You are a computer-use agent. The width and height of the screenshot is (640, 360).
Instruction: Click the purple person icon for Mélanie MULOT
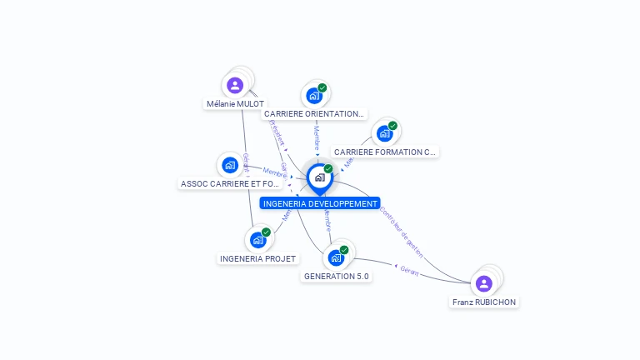pyautogui.click(x=235, y=84)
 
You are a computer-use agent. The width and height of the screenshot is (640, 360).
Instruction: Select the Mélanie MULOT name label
pyautogui.click(x=235, y=104)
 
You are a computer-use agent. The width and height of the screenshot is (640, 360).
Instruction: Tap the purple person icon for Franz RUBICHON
pyautogui.click(x=483, y=283)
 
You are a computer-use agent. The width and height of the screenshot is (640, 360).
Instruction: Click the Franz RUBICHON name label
pyautogui.click(x=484, y=302)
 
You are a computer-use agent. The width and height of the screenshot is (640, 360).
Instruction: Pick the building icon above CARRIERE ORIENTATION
pyautogui.click(x=314, y=95)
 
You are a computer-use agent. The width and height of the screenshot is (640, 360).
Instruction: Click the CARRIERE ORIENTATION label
pyautogui.click(x=314, y=114)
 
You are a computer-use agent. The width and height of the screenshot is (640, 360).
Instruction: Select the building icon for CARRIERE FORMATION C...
pyautogui.click(x=384, y=133)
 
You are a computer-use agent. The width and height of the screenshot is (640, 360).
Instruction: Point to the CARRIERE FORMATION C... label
pyautogui.click(x=384, y=152)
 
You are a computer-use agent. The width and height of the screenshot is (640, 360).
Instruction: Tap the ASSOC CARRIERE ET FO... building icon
pyautogui.click(x=229, y=165)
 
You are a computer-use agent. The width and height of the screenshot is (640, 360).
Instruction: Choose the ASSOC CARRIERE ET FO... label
pyautogui.click(x=230, y=184)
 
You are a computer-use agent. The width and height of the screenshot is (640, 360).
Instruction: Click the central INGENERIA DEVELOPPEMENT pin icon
pyautogui.click(x=319, y=177)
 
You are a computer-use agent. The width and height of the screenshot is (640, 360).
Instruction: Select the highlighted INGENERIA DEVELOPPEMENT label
pyautogui.click(x=320, y=203)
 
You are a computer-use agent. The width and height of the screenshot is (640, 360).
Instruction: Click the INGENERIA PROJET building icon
pyautogui.click(x=257, y=240)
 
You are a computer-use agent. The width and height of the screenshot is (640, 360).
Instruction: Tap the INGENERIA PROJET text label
pyautogui.click(x=258, y=259)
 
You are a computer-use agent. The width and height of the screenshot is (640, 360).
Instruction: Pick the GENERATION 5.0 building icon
pyautogui.click(x=336, y=257)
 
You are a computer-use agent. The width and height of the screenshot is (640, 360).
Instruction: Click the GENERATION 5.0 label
pyautogui.click(x=337, y=276)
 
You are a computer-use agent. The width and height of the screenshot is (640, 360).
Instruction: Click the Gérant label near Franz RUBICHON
pyautogui.click(x=409, y=270)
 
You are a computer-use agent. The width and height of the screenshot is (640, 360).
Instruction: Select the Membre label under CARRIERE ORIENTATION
pyautogui.click(x=317, y=137)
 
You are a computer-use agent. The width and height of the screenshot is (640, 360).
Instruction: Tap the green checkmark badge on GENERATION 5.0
pyautogui.click(x=344, y=250)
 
